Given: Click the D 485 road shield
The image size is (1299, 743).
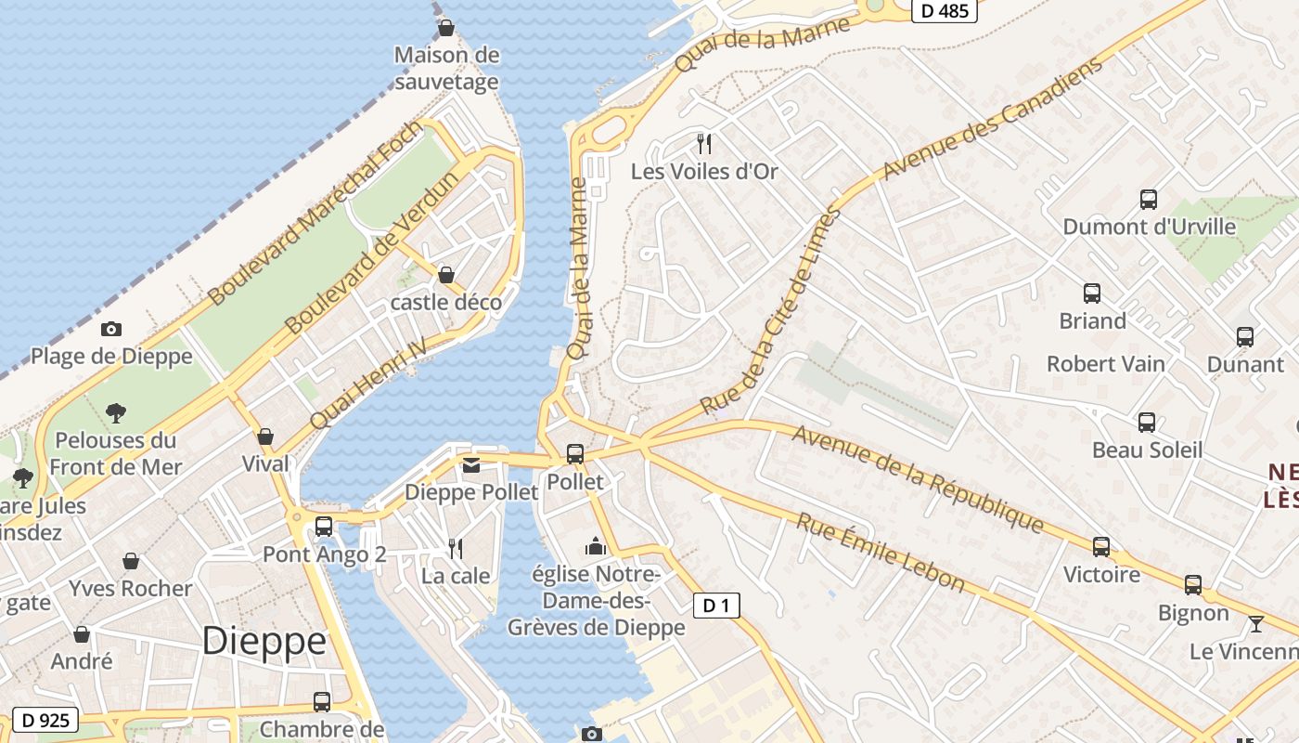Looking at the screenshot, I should [944, 11].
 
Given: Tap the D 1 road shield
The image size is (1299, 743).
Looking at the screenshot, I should [716, 606].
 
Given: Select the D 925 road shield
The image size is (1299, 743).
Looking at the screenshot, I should [44, 720].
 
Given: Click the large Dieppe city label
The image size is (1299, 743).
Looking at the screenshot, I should [264, 641].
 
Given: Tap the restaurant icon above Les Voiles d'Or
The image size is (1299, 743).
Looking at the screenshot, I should [704, 143].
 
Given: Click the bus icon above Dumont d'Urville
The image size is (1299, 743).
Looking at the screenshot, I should [1148, 199].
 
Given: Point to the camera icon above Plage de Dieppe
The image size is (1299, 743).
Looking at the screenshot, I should [111, 329].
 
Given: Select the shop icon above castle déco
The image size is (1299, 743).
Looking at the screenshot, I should [446, 275].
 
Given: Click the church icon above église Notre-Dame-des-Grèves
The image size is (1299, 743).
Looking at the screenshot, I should [596, 546].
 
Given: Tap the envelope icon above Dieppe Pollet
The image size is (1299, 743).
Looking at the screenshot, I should [471, 464].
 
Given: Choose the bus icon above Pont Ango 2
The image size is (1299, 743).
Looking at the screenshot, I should [324, 526].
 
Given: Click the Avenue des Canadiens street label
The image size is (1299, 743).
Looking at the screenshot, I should [993, 119].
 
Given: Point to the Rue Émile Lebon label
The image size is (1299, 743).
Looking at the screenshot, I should [881, 552].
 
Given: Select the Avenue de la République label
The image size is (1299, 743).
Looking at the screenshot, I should [918, 479].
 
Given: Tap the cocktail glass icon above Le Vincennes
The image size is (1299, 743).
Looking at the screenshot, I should [1256, 623].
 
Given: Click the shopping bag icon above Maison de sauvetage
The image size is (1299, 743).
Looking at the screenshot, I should [446, 28].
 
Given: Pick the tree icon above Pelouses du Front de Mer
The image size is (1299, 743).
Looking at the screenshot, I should [116, 412].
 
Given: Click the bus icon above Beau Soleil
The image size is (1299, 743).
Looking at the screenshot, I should [1147, 423].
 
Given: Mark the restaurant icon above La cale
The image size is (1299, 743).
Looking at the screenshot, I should [456, 548].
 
